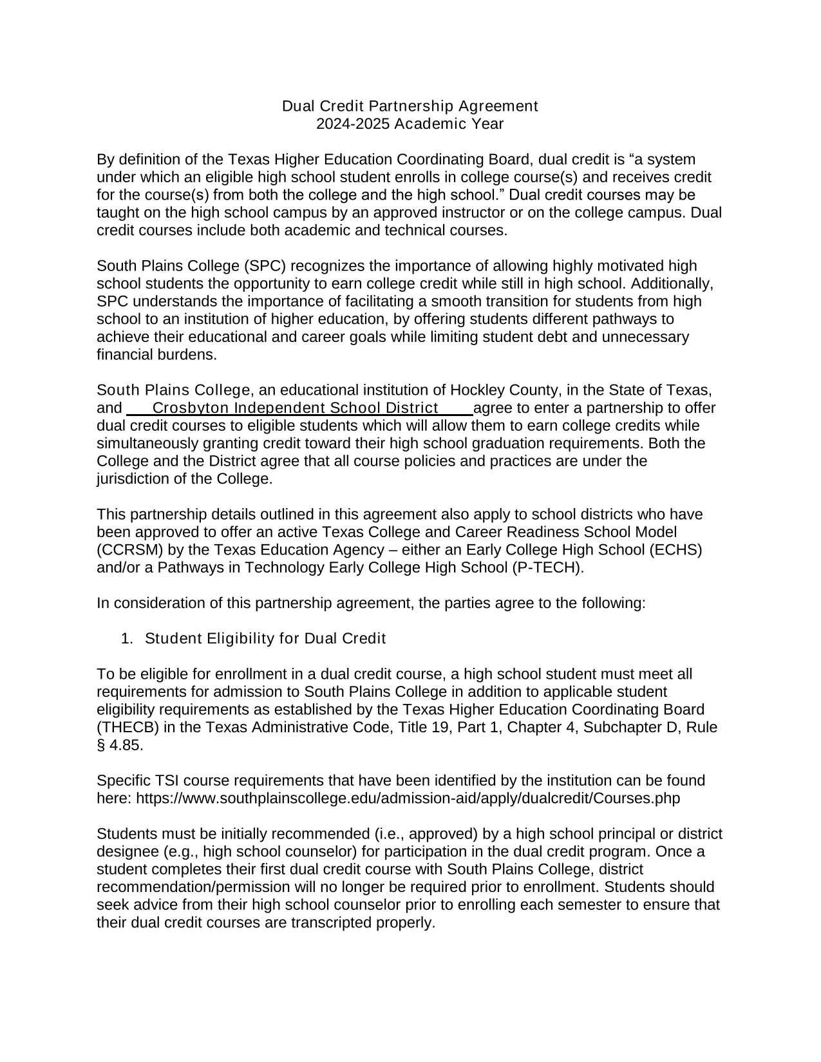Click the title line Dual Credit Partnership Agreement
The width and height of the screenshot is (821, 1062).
[x=410, y=106]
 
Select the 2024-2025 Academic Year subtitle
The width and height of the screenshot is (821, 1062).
[x=410, y=124]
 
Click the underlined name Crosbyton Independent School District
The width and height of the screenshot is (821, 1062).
[x=296, y=408]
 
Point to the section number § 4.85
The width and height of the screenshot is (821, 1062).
[x=120, y=746]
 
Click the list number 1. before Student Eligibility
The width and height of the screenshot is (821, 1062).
[x=127, y=639]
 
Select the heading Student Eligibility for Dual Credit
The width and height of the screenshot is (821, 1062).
[x=265, y=639]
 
